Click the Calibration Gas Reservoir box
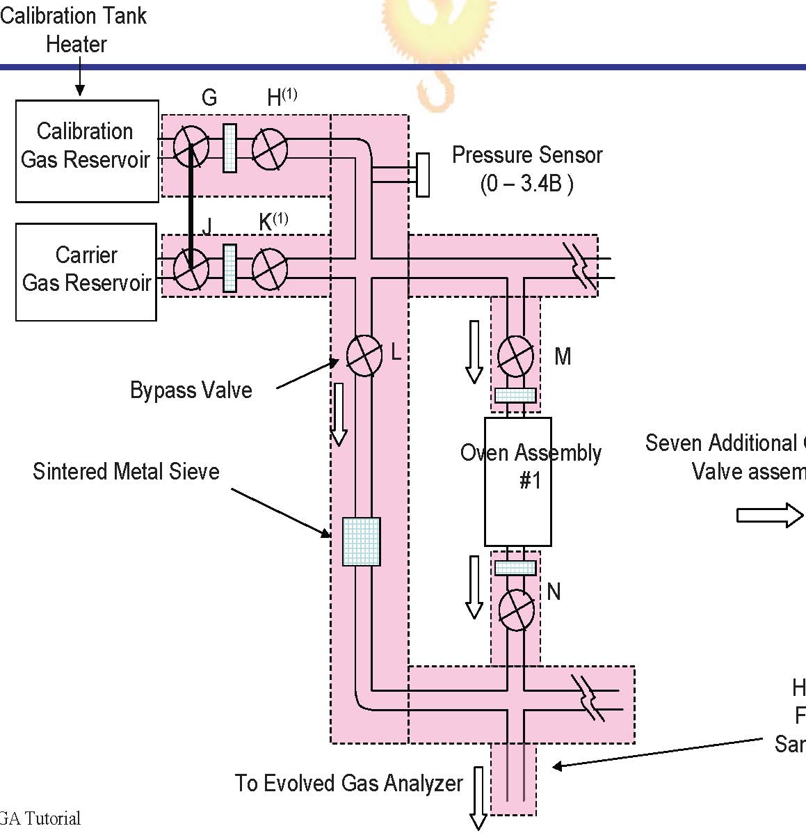click(x=87, y=151)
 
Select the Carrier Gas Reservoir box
click(x=86, y=271)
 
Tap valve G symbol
click(x=191, y=147)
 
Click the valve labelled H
click(x=269, y=148)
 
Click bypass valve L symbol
click(x=364, y=356)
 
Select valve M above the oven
click(x=516, y=356)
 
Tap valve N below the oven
click(x=517, y=610)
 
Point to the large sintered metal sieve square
click(x=362, y=541)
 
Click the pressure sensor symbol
click(x=422, y=175)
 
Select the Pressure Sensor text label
click(x=527, y=168)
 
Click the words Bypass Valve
click(x=191, y=390)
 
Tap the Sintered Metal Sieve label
click(x=126, y=471)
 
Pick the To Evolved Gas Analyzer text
click(x=348, y=784)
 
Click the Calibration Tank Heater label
click(x=74, y=29)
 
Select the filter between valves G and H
click(x=229, y=148)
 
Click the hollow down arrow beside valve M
click(x=474, y=351)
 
